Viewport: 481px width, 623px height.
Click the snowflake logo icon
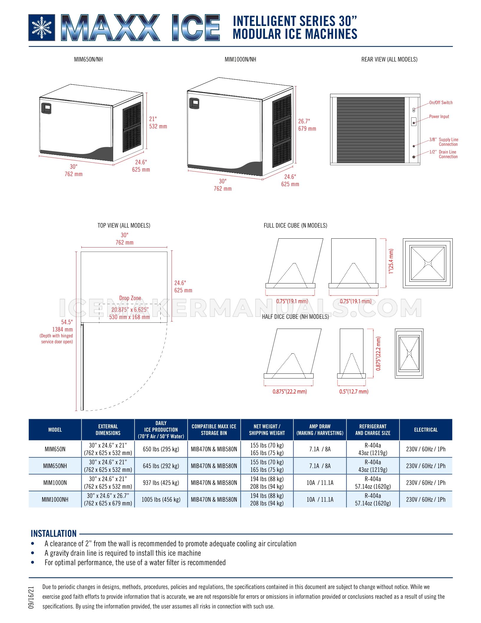(x=42, y=28)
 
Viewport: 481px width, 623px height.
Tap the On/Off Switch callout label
(x=441, y=103)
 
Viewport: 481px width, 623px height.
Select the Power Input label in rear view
(x=439, y=117)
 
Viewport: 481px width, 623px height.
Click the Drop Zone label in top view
(x=130, y=298)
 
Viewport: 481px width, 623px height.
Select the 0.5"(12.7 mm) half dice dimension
(x=354, y=391)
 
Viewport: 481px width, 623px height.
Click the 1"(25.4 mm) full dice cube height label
(x=391, y=261)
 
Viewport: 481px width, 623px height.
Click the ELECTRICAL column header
(x=426, y=430)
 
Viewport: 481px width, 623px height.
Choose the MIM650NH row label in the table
(x=55, y=466)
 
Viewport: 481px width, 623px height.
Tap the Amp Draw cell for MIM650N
(x=320, y=449)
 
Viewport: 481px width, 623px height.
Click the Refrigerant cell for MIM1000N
(x=373, y=483)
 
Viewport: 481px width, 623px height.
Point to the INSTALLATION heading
(x=54, y=534)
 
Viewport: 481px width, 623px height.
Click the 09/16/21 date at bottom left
(x=31, y=597)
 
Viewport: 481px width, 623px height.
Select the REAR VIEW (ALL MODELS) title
(x=389, y=59)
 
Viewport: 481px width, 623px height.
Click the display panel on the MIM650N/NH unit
(x=46, y=108)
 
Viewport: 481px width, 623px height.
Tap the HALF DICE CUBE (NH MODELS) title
(x=295, y=317)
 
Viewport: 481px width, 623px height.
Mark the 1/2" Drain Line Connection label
(x=444, y=154)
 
